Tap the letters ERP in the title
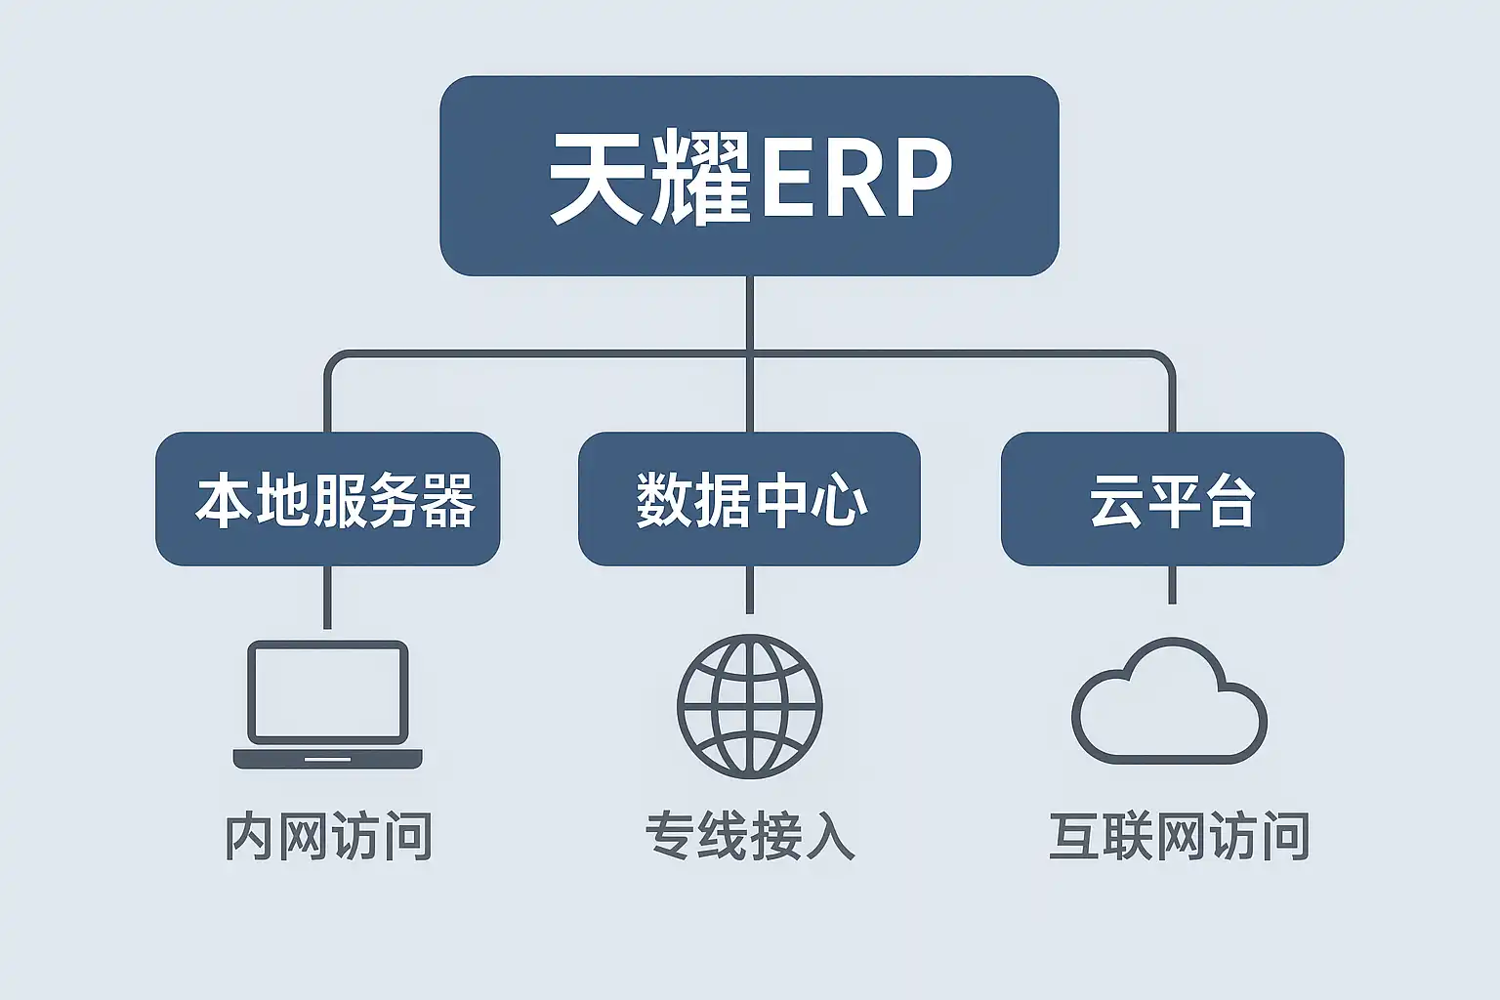tap(855, 179)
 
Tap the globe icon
tap(749, 705)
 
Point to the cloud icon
tap(1169, 703)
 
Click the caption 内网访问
tap(328, 837)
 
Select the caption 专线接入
tap(749, 837)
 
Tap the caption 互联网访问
tap(1179, 837)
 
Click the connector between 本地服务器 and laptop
tap(327, 598)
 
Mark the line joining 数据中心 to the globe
tap(749, 590)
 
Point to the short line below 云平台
tap(1172, 585)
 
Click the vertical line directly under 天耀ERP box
tap(749, 312)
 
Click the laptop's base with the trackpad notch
tap(327, 759)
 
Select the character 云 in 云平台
tap(1116, 501)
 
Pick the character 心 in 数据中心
tap(842, 501)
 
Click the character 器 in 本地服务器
tap(448, 501)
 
